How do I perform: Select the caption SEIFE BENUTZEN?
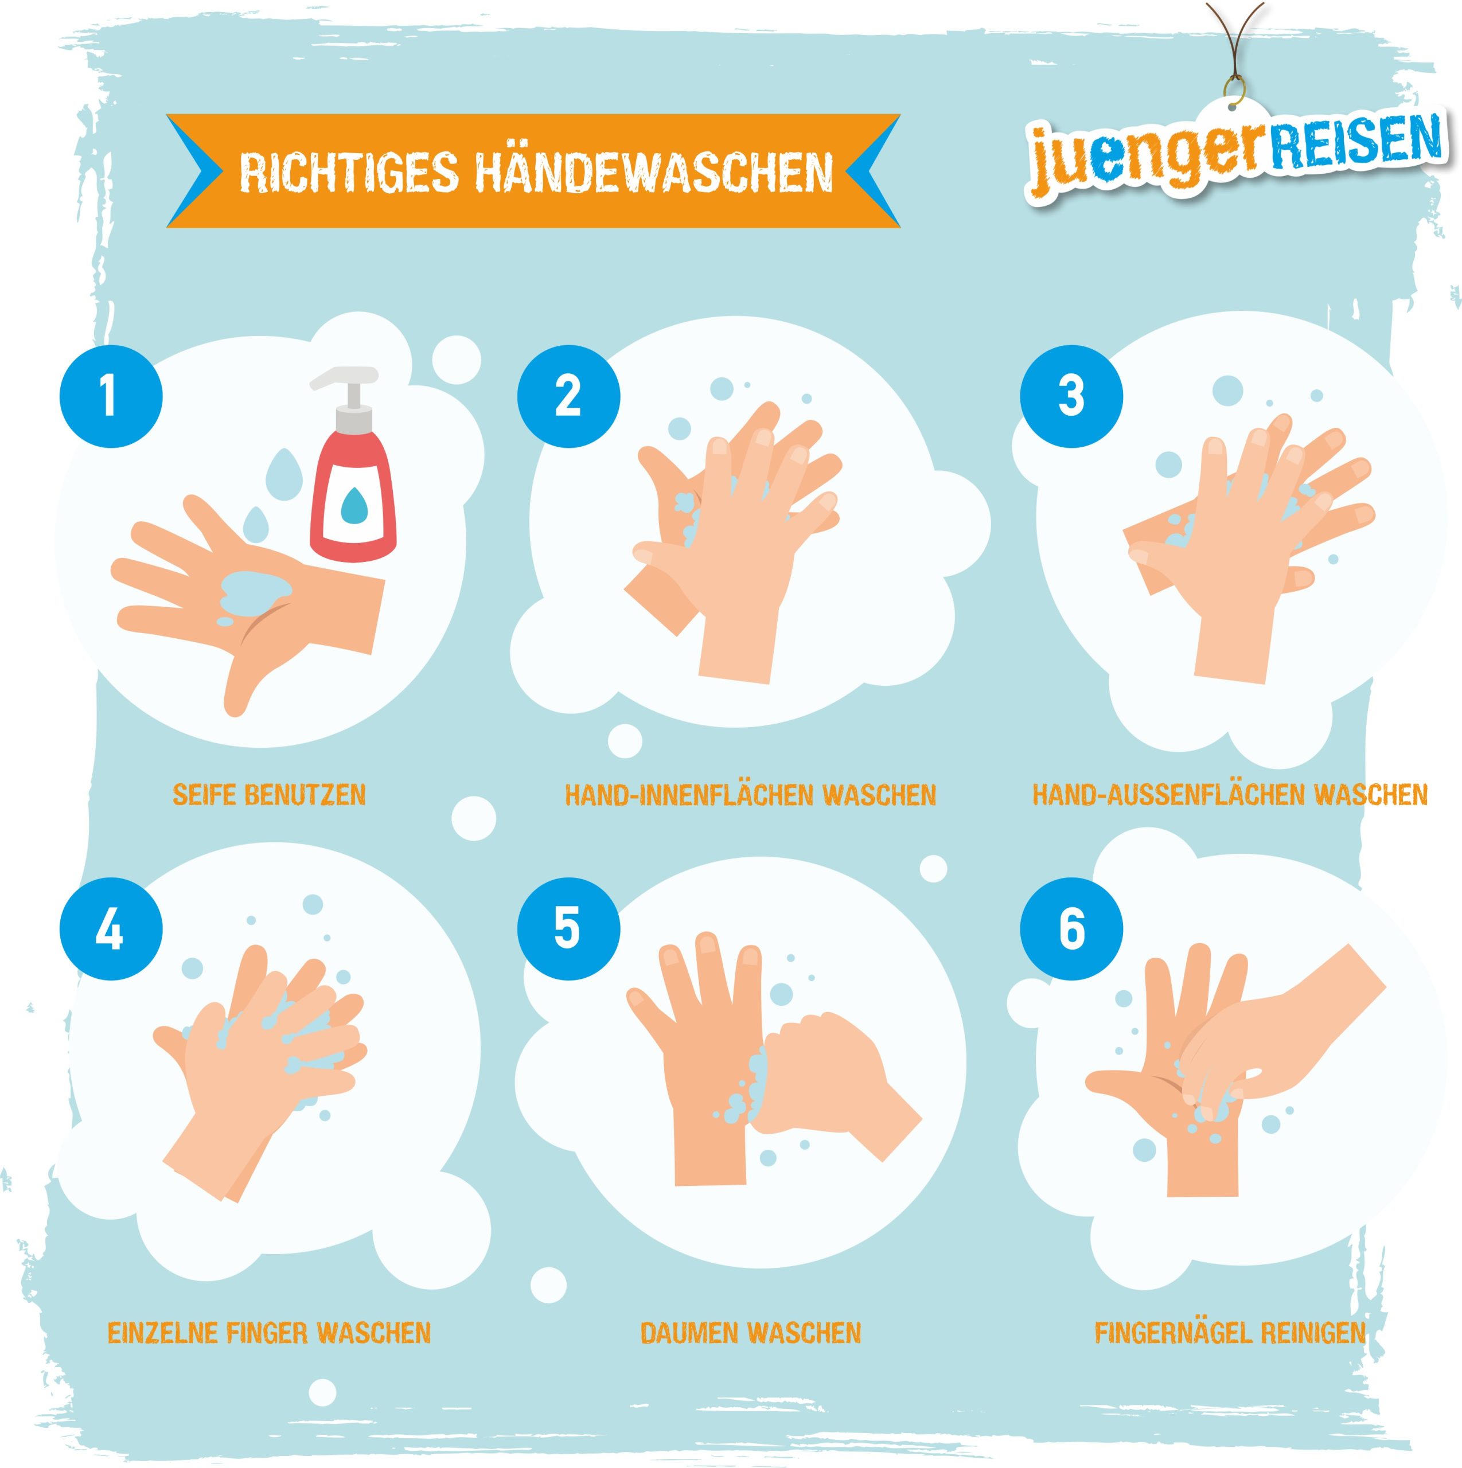269,795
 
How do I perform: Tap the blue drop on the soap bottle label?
353,505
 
